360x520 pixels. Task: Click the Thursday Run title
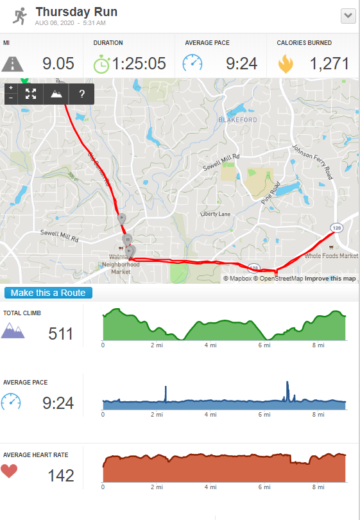click(x=76, y=12)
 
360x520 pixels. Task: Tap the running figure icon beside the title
click(x=18, y=16)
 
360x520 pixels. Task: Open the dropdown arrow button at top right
click(x=348, y=16)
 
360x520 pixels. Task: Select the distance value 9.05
click(x=58, y=64)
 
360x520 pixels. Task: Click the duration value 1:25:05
click(x=139, y=64)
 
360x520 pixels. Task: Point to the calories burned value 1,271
click(x=329, y=64)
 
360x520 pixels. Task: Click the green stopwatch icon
click(x=101, y=64)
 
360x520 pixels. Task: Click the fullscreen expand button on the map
click(x=31, y=94)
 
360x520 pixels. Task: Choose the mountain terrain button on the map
click(x=56, y=94)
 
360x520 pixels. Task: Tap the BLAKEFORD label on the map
click(x=236, y=119)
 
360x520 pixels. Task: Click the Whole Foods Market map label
click(x=331, y=256)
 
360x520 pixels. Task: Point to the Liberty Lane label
click(x=215, y=214)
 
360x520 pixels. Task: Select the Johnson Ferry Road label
click(x=313, y=162)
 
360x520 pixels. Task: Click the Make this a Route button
click(x=49, y=293)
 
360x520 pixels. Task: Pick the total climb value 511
click(x=61, y=334)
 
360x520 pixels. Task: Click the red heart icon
click(x=9, y=471)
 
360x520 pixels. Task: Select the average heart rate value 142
click(x=61, y=476)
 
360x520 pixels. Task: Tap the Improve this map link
click(x=330, y=279)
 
